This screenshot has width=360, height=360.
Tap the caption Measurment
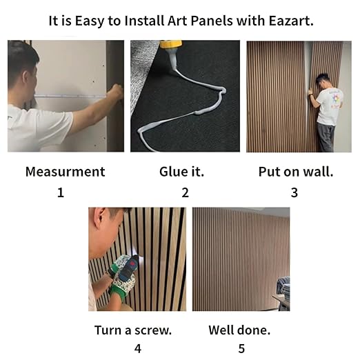[x=65, y=172]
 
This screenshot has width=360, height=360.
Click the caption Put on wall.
[x=295, y=172]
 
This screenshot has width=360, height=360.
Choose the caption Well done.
[x=239, y=330]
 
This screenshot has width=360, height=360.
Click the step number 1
[x=61, y=193]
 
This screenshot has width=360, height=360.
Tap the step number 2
[x=185, y=193]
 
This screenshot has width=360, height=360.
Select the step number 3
[x=294, y=193]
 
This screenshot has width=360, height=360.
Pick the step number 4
[x=137, y=349]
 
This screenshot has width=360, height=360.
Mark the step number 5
[x=241, y=349]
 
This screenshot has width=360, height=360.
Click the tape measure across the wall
[x=69, y=96]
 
